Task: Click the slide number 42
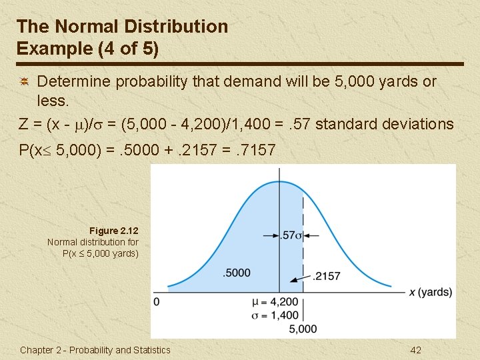click(415, 350)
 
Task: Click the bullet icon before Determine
click(23, 81)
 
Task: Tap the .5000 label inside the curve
click(237, 272)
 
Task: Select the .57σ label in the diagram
click(291, 235)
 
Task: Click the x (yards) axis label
click(430, 293)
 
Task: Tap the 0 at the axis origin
click(157, 302)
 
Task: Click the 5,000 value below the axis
click(303, 329)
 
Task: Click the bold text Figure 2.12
click(117, 231)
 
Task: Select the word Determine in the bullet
click(74, 81)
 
